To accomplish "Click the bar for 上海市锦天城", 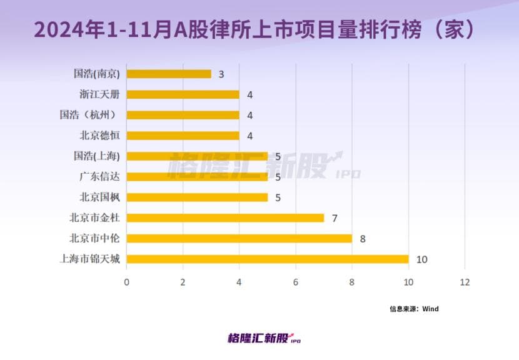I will (268, 259).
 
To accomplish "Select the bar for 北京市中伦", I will (239, 238).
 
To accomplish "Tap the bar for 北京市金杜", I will (225, 217).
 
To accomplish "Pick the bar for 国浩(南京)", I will (169, 74).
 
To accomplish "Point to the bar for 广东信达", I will (197, 177).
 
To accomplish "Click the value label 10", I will (421, 259).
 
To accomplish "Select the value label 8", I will (363, 239).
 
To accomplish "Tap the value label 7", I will (335, 218).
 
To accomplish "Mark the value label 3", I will (221, 74).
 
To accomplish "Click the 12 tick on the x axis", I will (465, 282).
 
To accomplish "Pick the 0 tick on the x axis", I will (127, 282).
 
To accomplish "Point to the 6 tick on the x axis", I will (296, 282).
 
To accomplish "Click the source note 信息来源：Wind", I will (414, 309).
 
